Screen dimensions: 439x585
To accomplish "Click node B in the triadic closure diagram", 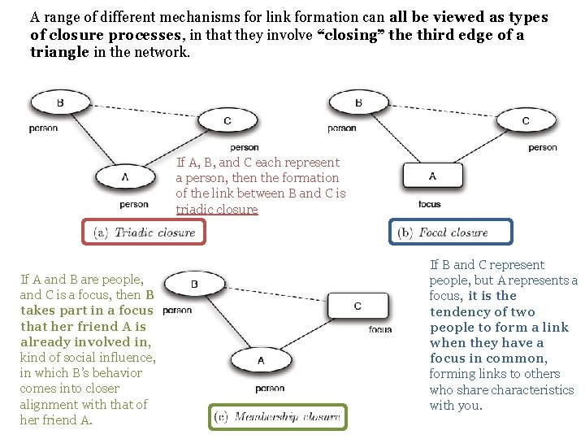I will point(60,103).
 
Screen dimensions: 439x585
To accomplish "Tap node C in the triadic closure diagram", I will point(227,121).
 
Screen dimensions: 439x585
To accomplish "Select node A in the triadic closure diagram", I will point(125,176).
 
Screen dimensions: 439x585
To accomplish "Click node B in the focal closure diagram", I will point(358,103).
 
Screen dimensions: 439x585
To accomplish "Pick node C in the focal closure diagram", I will point(525,121).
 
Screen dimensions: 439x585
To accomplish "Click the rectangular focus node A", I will point(431,176).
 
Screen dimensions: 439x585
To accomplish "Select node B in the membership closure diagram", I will point(194,284).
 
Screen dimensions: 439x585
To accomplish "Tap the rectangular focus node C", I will point(357,306).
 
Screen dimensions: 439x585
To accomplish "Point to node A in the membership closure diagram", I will point(260,360).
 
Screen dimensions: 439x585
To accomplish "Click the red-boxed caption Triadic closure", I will point(145,233).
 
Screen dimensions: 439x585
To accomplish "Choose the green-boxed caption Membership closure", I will point(277,417).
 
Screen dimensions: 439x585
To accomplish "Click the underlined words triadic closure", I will point(216,210).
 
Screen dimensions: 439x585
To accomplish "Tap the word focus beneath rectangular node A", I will point(430,204).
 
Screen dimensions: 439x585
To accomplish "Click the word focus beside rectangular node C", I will point(380,329).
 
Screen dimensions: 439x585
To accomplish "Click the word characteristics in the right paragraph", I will point(531,389).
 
